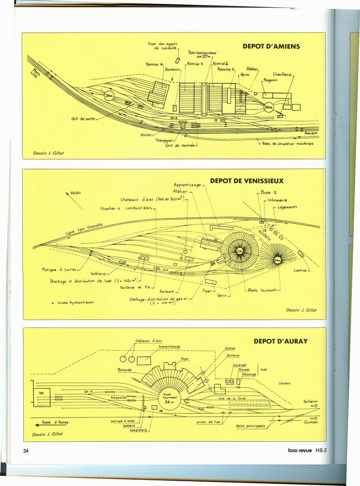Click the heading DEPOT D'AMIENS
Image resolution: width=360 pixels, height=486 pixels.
point(271,47)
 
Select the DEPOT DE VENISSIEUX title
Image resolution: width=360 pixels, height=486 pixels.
point(247,181)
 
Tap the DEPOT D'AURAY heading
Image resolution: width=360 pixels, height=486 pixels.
point(280,341)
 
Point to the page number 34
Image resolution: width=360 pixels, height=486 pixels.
point(26,450)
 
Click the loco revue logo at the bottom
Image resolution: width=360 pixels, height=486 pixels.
point(300,450)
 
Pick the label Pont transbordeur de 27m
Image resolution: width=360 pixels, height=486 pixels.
point(202,55)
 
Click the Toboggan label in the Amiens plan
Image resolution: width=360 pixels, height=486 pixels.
point(164,140)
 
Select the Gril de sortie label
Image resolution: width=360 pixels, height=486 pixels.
point(83,118)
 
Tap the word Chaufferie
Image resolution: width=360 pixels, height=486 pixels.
point(283,74)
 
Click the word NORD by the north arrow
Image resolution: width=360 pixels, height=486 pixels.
point(76,193)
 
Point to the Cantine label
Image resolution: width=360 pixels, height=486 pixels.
point(300,271)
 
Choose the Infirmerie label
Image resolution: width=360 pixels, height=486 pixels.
point(278,200)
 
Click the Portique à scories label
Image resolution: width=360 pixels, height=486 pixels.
point(59,270)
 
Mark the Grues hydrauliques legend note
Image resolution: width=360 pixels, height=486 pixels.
point(74,302)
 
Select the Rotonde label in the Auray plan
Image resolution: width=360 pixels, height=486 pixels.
point(124,370)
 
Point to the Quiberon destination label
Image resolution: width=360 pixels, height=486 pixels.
point(310,401)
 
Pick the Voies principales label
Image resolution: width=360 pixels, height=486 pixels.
point(250,426)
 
